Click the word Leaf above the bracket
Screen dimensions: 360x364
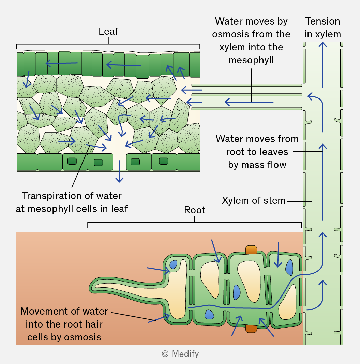pos(108,31)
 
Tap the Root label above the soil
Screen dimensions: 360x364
pos(195,210)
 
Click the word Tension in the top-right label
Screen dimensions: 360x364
pos(322,21)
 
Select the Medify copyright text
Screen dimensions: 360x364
pos(180,354)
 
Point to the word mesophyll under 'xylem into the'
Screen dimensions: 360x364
pos(251,60)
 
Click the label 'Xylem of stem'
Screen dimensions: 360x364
pos(253,200)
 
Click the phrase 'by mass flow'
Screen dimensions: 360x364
pos(257,165)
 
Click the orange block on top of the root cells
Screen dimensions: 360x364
pos(251,250)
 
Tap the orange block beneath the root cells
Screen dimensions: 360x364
pos(251,329)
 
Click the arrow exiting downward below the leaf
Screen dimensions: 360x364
pos(119,171)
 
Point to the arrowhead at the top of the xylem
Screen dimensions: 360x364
pos(322,45)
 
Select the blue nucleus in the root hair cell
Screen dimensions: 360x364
pos(173,264)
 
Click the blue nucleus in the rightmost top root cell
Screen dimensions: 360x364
pos(289,268)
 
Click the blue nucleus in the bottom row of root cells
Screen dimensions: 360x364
pos(209,315)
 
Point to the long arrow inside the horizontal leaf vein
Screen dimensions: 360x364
pos(249,102)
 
